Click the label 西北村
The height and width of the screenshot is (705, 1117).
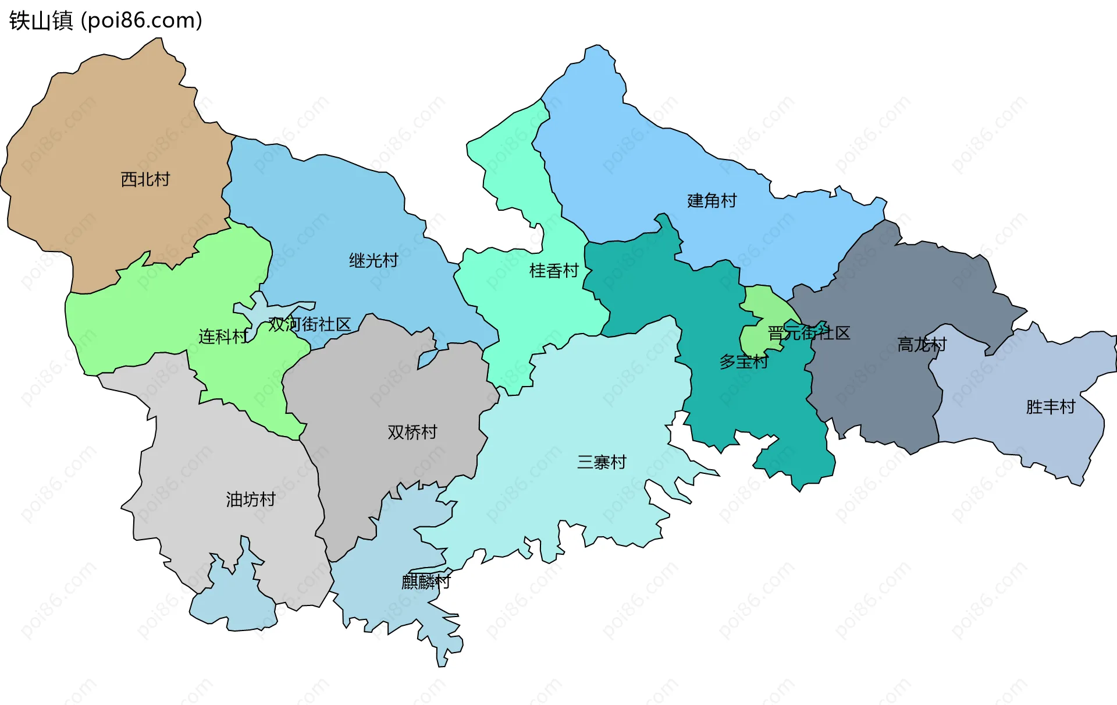[145, 179]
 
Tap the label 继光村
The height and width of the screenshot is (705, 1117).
[373, 260]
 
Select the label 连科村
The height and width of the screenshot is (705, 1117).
[223, 336]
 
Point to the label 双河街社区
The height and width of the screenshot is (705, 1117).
[310, 324]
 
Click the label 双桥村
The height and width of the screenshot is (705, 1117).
[412, 432]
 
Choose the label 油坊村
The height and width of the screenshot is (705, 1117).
[250, 499]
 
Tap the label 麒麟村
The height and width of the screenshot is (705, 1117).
[426, 582]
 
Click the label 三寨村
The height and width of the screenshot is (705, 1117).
[602, 462]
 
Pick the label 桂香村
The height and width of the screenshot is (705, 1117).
[554, 271]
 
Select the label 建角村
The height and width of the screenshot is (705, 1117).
[712, 201]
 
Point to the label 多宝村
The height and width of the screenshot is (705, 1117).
[744, 362]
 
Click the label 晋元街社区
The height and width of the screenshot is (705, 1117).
[809, 333]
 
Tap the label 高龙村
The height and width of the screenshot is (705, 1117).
[922, 345]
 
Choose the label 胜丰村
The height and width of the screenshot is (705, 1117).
[1050, 406]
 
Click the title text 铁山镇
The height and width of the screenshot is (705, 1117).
[41, 21]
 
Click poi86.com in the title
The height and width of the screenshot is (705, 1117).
[142, 21]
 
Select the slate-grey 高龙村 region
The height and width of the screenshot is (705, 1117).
[873, 384]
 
